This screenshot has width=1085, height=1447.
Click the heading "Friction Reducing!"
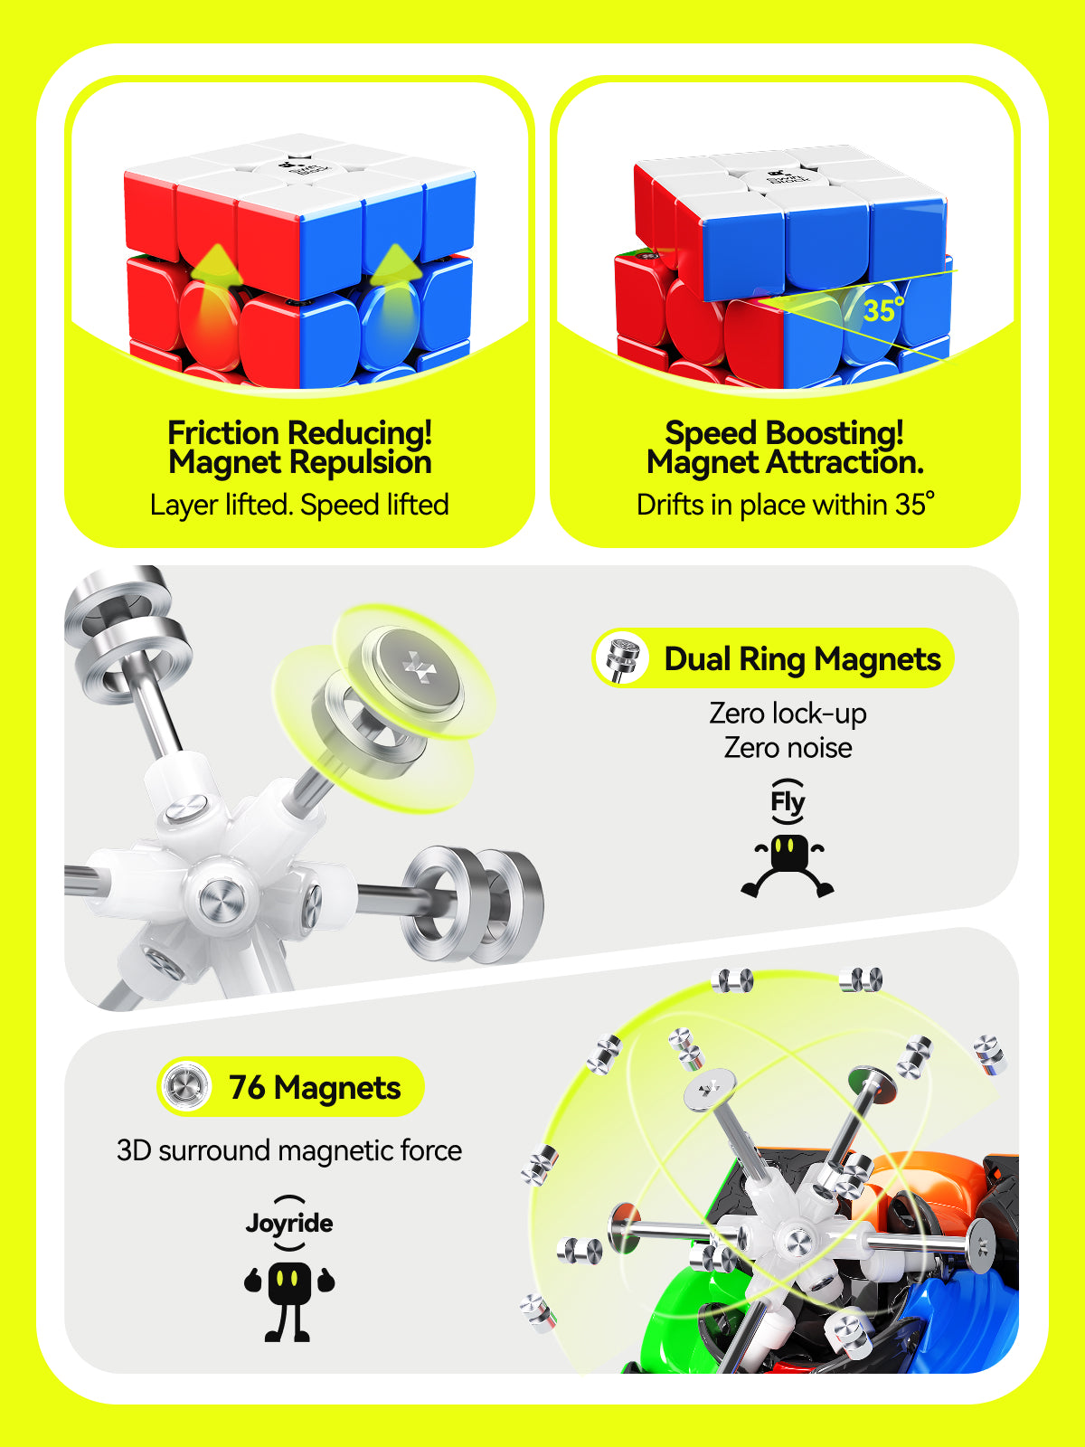click(299, 432)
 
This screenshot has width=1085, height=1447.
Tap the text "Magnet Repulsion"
click(299, 463)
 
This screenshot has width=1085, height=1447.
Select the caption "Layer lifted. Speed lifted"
click(299, 505)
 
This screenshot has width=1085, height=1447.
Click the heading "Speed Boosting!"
click(784, 432)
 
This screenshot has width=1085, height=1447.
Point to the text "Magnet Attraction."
click(785, 463)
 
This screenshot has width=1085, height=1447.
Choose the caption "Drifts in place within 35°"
click(785, 505)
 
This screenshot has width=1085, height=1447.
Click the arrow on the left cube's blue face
click(395, 268)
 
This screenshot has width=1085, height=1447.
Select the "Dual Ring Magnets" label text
click(802, 659)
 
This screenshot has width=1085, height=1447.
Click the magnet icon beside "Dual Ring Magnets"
click(622, 657)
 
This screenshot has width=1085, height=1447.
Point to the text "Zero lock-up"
click(788, 714)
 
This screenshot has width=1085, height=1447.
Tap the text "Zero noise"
click(788, 748)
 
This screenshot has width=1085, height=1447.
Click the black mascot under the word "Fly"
click(788, 864)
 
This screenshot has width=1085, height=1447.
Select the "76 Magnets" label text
click(314, 1088)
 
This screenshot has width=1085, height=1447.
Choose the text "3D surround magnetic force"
click(289, 1150)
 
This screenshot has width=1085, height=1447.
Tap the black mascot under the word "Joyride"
click(289, 1289)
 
